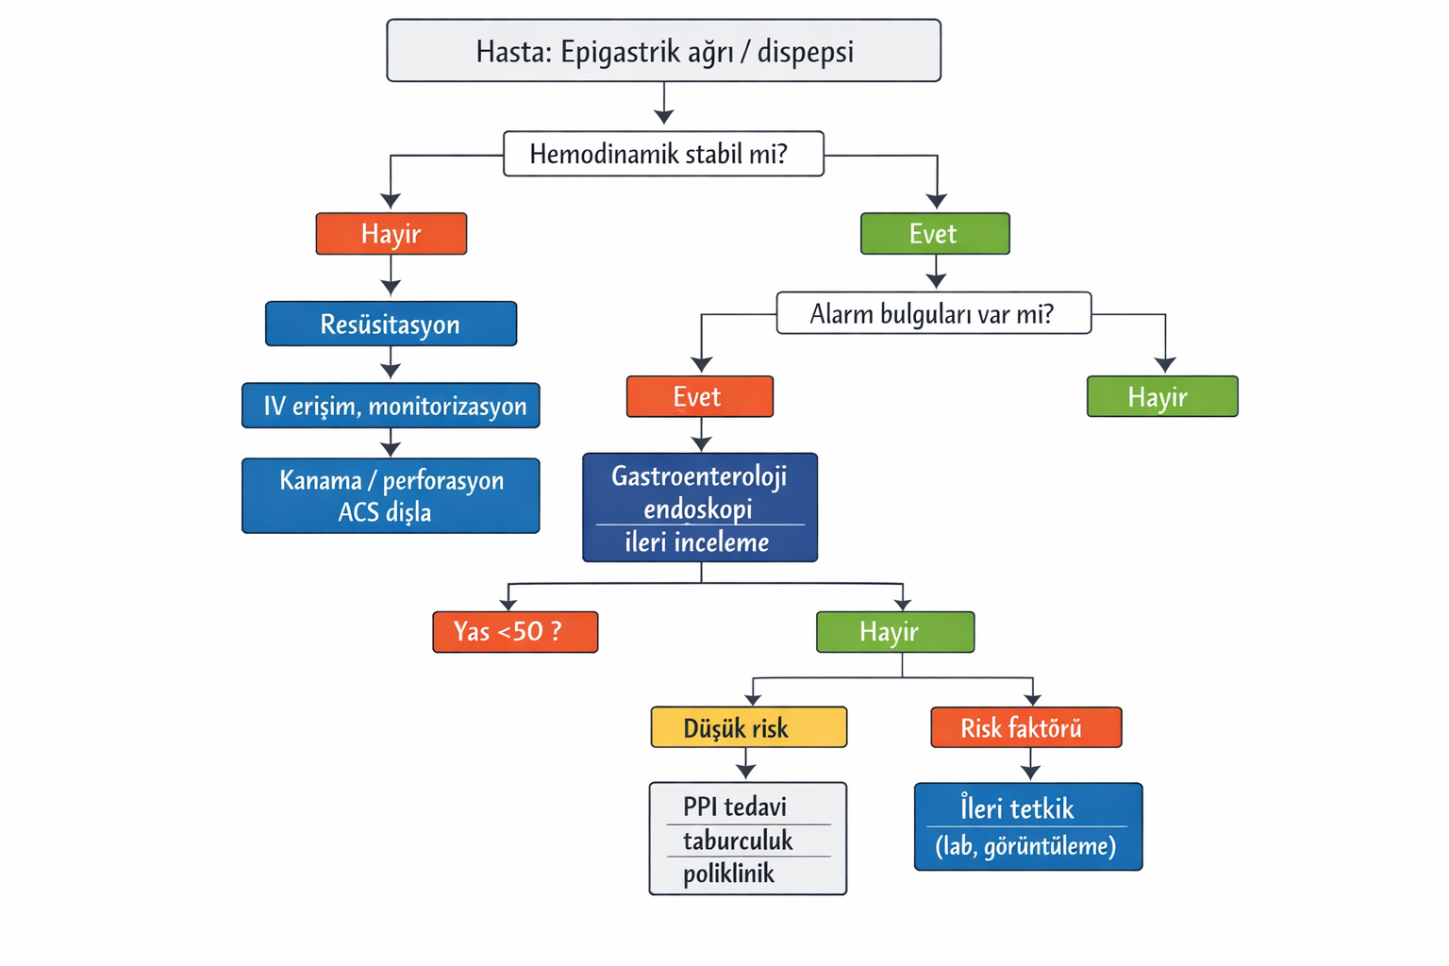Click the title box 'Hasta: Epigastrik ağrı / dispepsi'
tap(663, 51)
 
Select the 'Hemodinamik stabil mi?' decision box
tap(663, 154)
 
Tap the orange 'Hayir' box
tap(391, 234)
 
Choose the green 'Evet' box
tap(934, 234)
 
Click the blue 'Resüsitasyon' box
tap(391, 325)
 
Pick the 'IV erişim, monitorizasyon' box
tap(391, 406)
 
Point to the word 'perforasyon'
tap(443, 481)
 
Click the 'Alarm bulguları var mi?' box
tap(933, 313)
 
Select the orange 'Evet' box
tap(699, 397)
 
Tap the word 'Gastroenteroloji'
tap(699, 476)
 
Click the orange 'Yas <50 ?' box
tap(514, 632)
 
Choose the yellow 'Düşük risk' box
tap(748, 728)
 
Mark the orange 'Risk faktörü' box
tap(1025, 728)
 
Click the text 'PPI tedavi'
tap(735, 808)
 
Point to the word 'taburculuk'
tap(738, 841)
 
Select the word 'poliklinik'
tap(729, 874)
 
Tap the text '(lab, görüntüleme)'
tap(1025, 846)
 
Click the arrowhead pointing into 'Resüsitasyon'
tap(391, 288)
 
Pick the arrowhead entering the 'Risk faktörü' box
tap(1033, 698)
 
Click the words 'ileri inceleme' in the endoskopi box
tap(697, 542)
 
